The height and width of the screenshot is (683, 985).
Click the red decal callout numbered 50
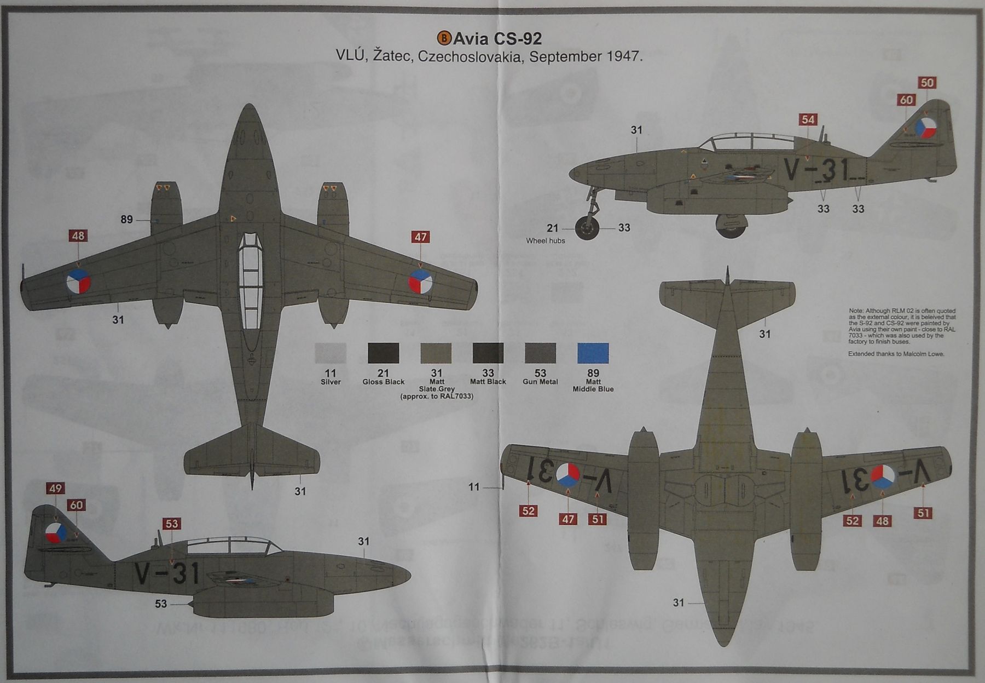click(x=927, y=83)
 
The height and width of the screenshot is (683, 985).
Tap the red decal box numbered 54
click(x=808, y=119)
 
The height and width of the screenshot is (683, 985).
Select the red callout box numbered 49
click(x=55, y=489)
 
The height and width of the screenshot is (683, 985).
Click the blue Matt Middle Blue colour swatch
click(x=593, y=353)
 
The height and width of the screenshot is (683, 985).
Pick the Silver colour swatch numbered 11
click(x=331, y=353)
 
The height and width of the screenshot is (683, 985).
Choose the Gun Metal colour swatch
click(x=540, y=353)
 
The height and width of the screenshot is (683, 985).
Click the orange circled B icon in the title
click(x=444, y=38)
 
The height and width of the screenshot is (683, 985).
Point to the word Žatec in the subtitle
click(x=392, y=56)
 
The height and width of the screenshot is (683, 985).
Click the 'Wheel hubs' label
click(x=545, y=240)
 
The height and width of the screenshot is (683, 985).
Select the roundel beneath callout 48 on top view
click(x=78, y=283)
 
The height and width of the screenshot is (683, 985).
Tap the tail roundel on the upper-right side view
click(x=925, y=129)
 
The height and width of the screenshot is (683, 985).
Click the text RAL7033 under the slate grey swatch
click(x=455, y=396)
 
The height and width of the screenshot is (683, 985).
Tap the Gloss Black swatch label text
click(x=383, y=382)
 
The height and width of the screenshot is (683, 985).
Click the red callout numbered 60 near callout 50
click(x=906, y=100)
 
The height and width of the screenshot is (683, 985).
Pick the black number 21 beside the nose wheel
click(x=552, y=228)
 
